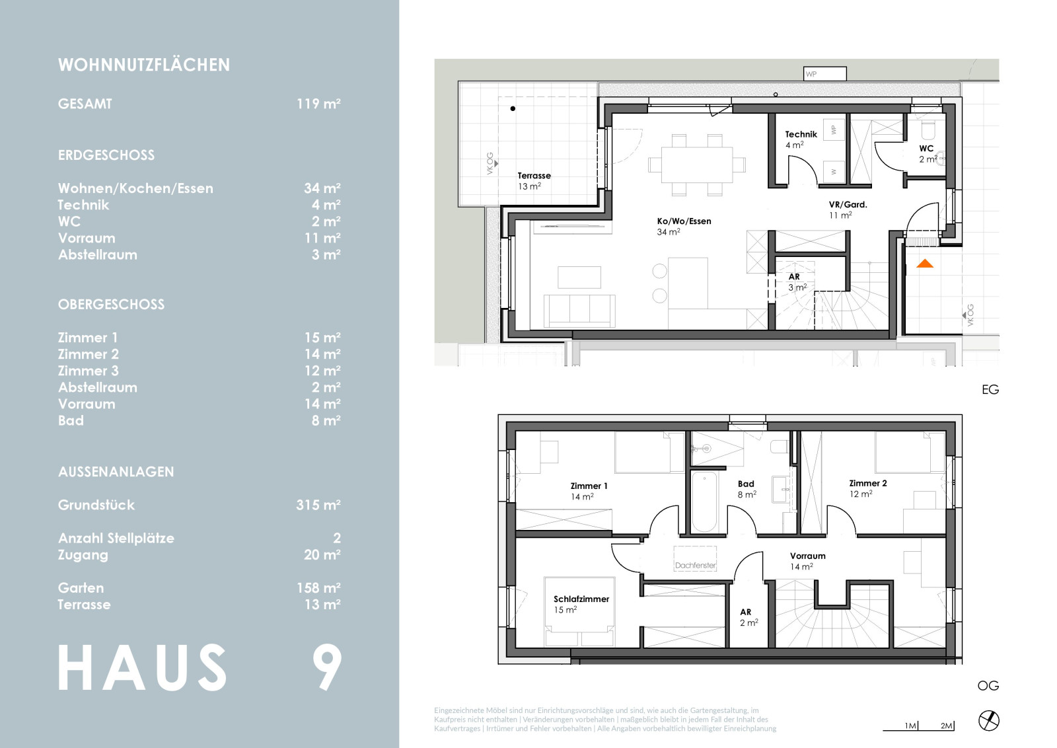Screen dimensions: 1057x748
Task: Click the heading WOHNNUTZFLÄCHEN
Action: click(x=144, y=65)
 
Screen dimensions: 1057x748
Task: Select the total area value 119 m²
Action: click(x=318, y=103)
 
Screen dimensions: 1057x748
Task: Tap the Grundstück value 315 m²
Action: click(x=318, y=505)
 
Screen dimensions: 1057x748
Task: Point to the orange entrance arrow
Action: click(x=925, y=264)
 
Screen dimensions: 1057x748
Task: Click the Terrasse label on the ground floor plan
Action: click(x=534, y=176)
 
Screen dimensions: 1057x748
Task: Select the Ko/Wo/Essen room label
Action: click(x=684, y=221)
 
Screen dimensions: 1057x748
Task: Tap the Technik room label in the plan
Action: click(x=801, y=134)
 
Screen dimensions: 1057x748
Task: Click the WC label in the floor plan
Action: click(x=926, y=148)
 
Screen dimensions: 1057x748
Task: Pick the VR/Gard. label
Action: click(x=848, y=204)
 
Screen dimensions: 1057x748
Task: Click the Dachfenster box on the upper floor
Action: click(x=695, y=559)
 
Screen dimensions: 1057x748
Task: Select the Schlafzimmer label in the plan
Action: click(x=581, y=599)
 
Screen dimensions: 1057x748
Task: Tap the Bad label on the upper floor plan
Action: click(x=746, y=484)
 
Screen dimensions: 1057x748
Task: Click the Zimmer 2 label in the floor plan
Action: click(x=868, y=483)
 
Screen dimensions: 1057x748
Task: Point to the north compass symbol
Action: click(x=989, y=721)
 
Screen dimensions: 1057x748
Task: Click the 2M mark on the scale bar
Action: click(x=947, y=726)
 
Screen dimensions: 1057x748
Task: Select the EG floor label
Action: click(x=990, y=390)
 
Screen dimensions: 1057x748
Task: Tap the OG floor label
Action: click(x=988, y=686)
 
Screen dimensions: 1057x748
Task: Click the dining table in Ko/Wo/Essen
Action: click(x=697, y=165)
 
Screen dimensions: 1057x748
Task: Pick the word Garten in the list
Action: click(x=81, y=588)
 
